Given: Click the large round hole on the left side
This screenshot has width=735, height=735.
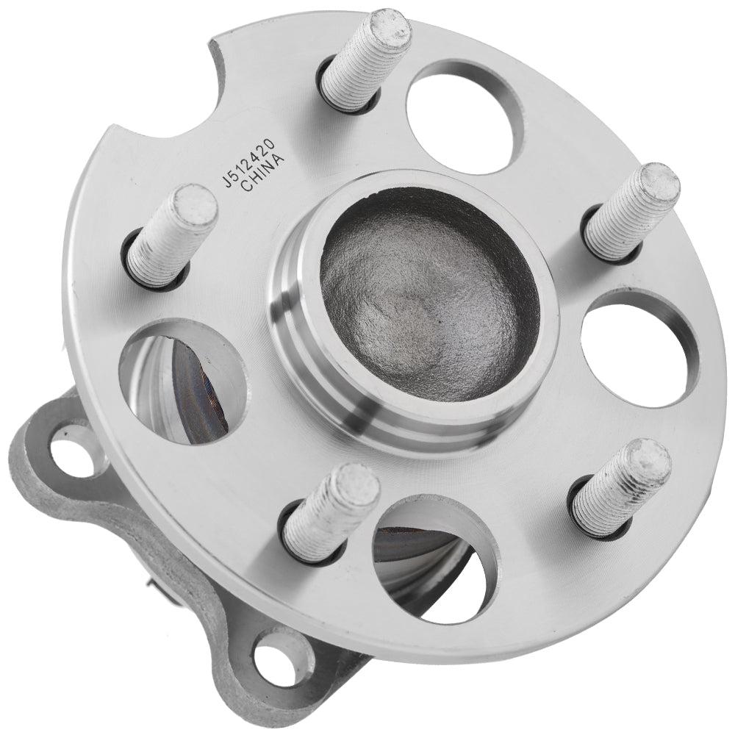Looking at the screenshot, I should coord(180,382).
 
